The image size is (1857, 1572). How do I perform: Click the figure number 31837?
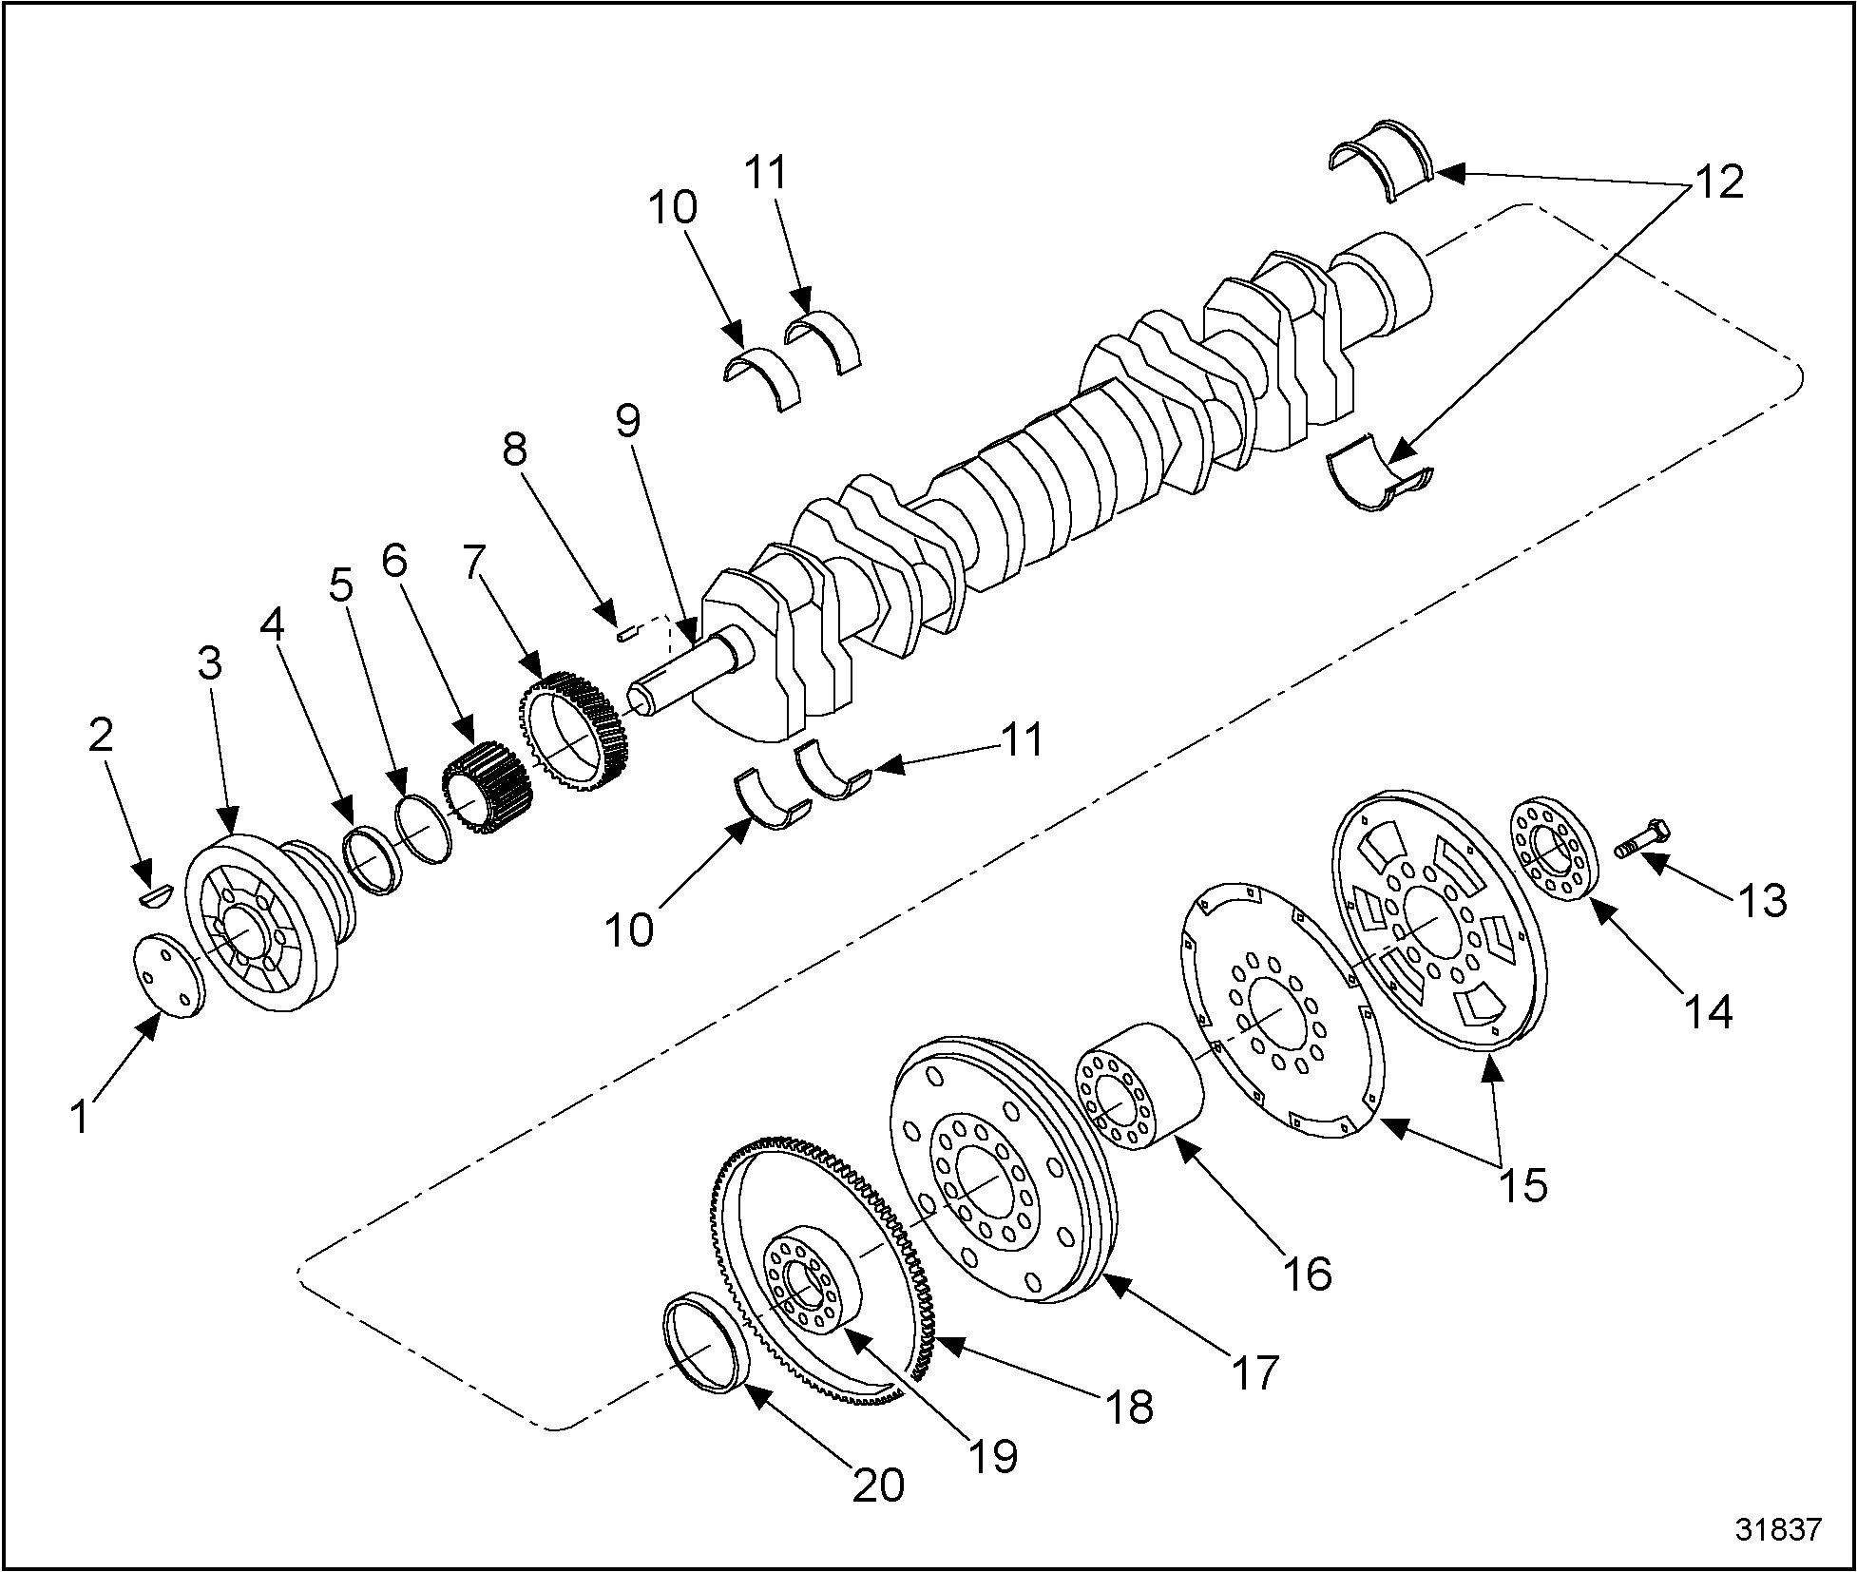coord(1779,1529)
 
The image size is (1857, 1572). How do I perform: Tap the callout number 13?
coord(1764,899)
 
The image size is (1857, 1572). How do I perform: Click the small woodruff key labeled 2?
coord(152,894)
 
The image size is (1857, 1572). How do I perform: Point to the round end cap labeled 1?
coord(169,975)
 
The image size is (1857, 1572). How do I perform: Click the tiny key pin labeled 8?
coord(625,632)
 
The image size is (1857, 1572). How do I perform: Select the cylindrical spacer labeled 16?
coord(1140,1087)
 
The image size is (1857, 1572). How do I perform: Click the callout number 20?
coord(877,1486)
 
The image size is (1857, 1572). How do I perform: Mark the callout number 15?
coord(1524,1184)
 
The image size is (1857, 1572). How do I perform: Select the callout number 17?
coord(1256,1372)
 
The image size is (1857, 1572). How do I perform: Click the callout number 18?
coord(1128,1407)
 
